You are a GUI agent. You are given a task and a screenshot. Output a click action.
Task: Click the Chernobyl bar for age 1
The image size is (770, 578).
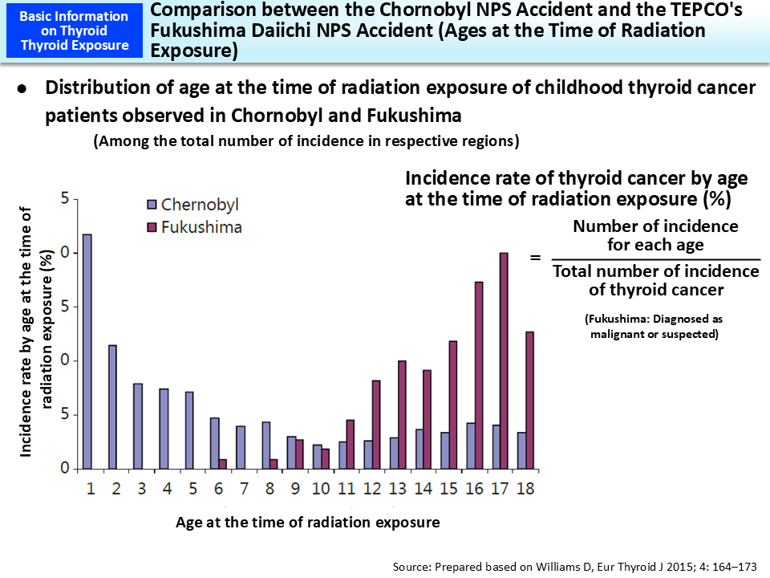click(x=87, y=352)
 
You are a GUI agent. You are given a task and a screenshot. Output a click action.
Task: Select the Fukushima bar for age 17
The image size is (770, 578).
click(x=504, y=360)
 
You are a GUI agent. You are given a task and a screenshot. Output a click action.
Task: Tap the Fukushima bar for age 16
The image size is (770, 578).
click(x=479, y=375)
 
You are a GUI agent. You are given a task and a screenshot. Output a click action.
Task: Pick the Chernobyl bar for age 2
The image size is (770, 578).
click(x=112, y=407)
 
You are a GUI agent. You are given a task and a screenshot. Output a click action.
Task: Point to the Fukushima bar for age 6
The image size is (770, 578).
click(x=223, y=464)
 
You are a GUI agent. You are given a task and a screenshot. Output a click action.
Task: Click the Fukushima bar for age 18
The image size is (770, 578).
click(x=529, y=400)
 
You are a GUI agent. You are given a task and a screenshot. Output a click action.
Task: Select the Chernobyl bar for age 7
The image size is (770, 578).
click(x=241, y=447)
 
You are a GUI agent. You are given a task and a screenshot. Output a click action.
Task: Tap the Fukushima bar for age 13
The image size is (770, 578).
click(x=402, y=414)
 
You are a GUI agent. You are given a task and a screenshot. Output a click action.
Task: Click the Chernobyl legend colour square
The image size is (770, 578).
click(x=152, y=204)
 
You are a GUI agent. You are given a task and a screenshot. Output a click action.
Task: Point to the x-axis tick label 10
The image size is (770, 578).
click(x=320, y=488)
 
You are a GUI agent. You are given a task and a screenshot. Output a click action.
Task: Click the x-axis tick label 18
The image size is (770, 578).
click(x=525, y=488)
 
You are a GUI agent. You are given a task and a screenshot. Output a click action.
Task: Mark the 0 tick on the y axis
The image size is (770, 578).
click(x=67, y=469)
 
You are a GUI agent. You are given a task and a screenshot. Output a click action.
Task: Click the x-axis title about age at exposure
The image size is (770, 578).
click(x=307, y=523)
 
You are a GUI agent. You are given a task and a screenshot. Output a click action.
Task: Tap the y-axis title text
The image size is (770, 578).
click(x=38, y=333)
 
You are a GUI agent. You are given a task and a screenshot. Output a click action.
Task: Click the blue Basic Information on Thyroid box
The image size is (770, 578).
click(x=73, y=31)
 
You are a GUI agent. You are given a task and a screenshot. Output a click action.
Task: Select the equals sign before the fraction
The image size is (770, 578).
click(x=535, y=258)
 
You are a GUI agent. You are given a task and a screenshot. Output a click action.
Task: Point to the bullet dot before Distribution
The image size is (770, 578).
click(x=23, y=88)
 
